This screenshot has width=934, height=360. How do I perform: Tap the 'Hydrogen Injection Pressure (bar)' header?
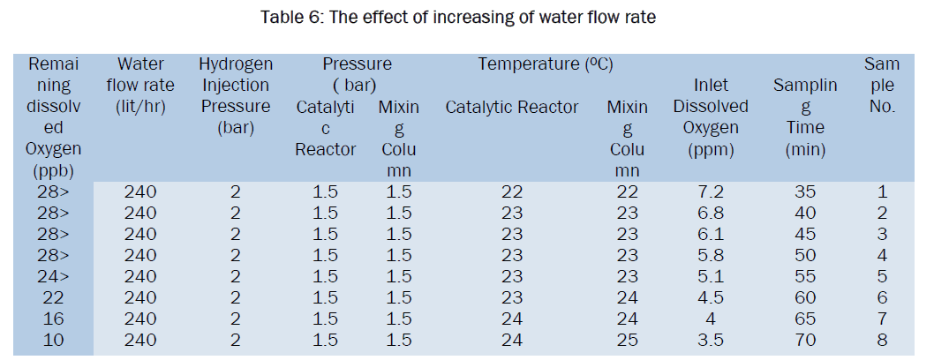pos(236,95)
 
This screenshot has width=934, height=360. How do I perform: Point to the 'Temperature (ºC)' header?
pos(546,64)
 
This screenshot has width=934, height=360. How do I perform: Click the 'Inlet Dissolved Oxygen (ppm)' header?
pos(711,116)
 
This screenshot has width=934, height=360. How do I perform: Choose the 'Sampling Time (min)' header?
pos(804,116)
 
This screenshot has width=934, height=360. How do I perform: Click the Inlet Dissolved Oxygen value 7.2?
pos(711,191)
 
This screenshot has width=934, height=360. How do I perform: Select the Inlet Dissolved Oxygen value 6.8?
pos(711,213)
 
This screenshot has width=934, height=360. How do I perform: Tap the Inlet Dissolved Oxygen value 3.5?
pos(711,339)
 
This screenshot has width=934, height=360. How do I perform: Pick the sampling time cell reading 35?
pos(804,191)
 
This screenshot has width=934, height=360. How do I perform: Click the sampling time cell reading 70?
pos(804,339)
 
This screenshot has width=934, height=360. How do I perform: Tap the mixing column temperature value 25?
pos(627,339)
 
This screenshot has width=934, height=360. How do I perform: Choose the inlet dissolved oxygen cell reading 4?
pos(711,318)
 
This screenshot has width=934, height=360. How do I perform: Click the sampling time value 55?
pos(804,275)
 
